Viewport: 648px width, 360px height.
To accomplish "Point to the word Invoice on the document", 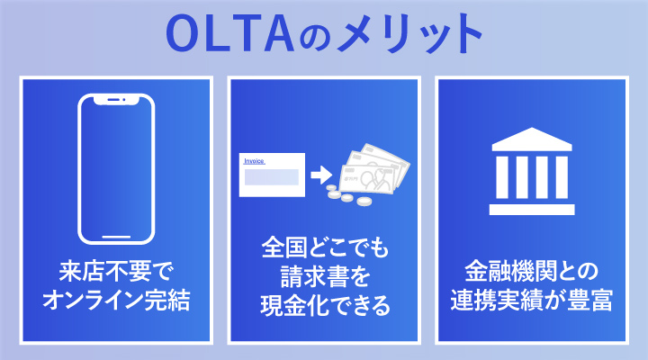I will [256, 160].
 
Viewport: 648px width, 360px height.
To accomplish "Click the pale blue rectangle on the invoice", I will [272, 177].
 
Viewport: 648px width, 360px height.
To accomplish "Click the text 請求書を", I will [323, 275].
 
